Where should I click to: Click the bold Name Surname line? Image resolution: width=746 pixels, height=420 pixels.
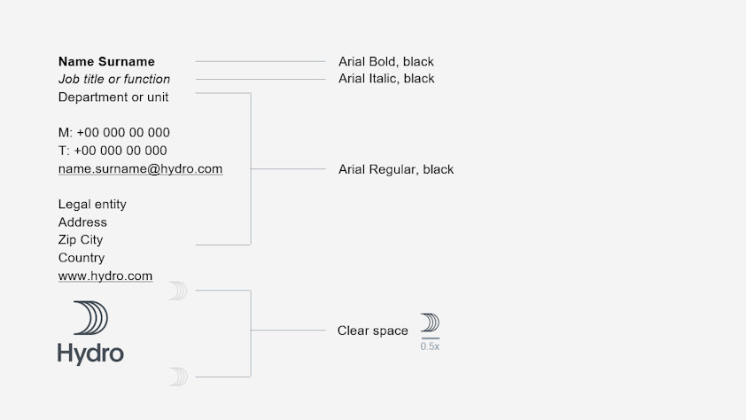tap(106, 62)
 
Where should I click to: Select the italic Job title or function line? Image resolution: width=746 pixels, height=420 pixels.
tap(114, 80)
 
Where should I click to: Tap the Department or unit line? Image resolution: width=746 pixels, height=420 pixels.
tap(113, 97)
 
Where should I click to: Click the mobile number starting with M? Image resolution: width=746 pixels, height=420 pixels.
tap(113, 133)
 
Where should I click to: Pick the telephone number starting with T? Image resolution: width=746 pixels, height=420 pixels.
tap(113, 151)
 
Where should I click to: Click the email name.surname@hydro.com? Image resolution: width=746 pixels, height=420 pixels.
tap(140, 168)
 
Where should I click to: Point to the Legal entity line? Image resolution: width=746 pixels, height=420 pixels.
tap(92, 205)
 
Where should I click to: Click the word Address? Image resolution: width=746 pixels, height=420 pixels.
tap(82, 222)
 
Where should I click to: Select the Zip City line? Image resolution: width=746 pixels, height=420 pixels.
tap(81, 240)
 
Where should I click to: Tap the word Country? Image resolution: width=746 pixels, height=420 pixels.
tap(82, 258)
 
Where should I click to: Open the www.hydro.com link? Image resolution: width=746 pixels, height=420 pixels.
tap(105, 276)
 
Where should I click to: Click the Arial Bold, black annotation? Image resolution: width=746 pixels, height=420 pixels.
tap(386, 62)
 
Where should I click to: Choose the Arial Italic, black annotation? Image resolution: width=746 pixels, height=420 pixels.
tap(386, 79)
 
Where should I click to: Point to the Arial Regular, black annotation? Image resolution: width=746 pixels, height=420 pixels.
tap(396, 169)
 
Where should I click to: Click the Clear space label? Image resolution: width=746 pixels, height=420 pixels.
tap(373, 331)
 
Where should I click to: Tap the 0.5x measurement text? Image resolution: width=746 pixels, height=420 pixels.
tap(430, 346)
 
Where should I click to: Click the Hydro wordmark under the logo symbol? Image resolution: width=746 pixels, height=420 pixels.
tap(90, 354)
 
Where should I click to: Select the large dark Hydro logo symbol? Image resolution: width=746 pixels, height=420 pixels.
tap(91, 318)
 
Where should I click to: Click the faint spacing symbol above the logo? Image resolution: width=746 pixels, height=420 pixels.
tap(178, 291)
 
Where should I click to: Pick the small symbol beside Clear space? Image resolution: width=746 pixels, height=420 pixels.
tap(430, 323)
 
